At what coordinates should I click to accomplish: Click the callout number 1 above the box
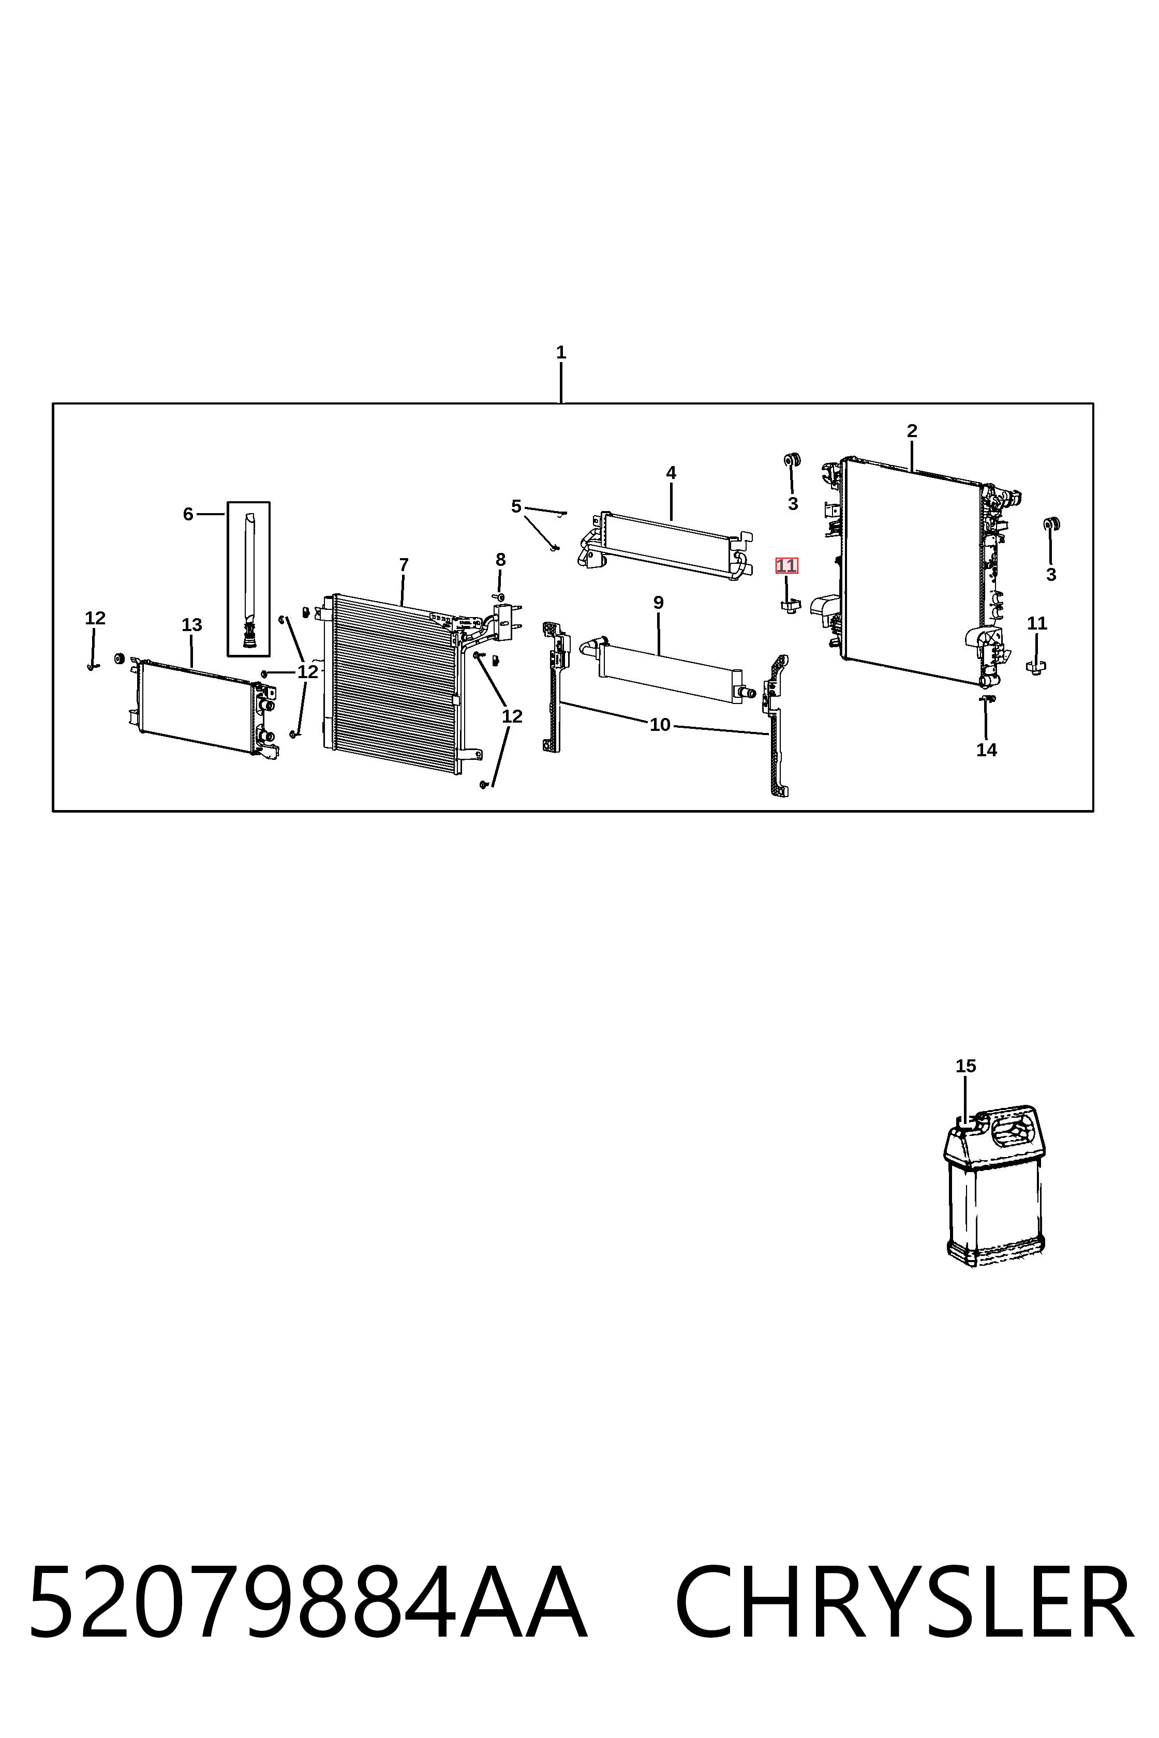[x=561, y=352]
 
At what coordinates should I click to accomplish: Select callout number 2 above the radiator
[x=912, y=431]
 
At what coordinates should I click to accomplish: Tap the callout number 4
[x=671, y=473]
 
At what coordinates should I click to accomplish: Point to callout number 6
[x=188, y=514]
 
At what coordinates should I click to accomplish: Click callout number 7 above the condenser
[x=404, y=565]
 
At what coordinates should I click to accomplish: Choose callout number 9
[x=659, y=603]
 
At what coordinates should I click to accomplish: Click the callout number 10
[x=660, y=725]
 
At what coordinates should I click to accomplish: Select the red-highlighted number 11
[x=786, y=566]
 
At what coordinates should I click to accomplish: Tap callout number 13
[x=191, y=625]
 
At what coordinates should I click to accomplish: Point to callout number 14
[x=987, y=750]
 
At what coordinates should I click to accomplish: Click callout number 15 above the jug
[x=966, y=1066]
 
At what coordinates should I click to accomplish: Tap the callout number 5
[x=516, y=507]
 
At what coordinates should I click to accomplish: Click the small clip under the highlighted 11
[x=790, y=606]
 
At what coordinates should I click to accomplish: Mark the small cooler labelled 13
[x=203, y=707]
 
